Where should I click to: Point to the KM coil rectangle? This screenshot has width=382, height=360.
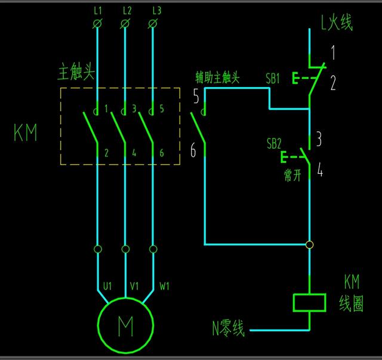coord(309,302)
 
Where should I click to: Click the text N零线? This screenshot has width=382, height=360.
coord(228,328)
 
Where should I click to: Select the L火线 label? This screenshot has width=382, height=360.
coord(336,23)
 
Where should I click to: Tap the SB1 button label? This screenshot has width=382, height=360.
coord(273,78)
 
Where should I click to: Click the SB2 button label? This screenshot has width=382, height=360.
coord(274,144)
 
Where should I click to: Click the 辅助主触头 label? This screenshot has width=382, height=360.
coord(217,78)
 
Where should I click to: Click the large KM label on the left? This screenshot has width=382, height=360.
coord(25,133)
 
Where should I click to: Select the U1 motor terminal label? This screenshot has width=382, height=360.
coord(106,286)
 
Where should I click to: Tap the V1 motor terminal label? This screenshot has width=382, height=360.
coord(134,286)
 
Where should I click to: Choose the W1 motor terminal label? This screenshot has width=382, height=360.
coord(164,286)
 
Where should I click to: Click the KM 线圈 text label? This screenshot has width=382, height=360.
coord(352,293)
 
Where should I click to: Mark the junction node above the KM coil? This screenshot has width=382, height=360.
coord(309,244)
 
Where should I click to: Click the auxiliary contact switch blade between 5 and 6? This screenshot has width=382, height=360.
coord(198,127)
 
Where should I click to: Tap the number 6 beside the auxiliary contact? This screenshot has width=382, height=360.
coord(193,150)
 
